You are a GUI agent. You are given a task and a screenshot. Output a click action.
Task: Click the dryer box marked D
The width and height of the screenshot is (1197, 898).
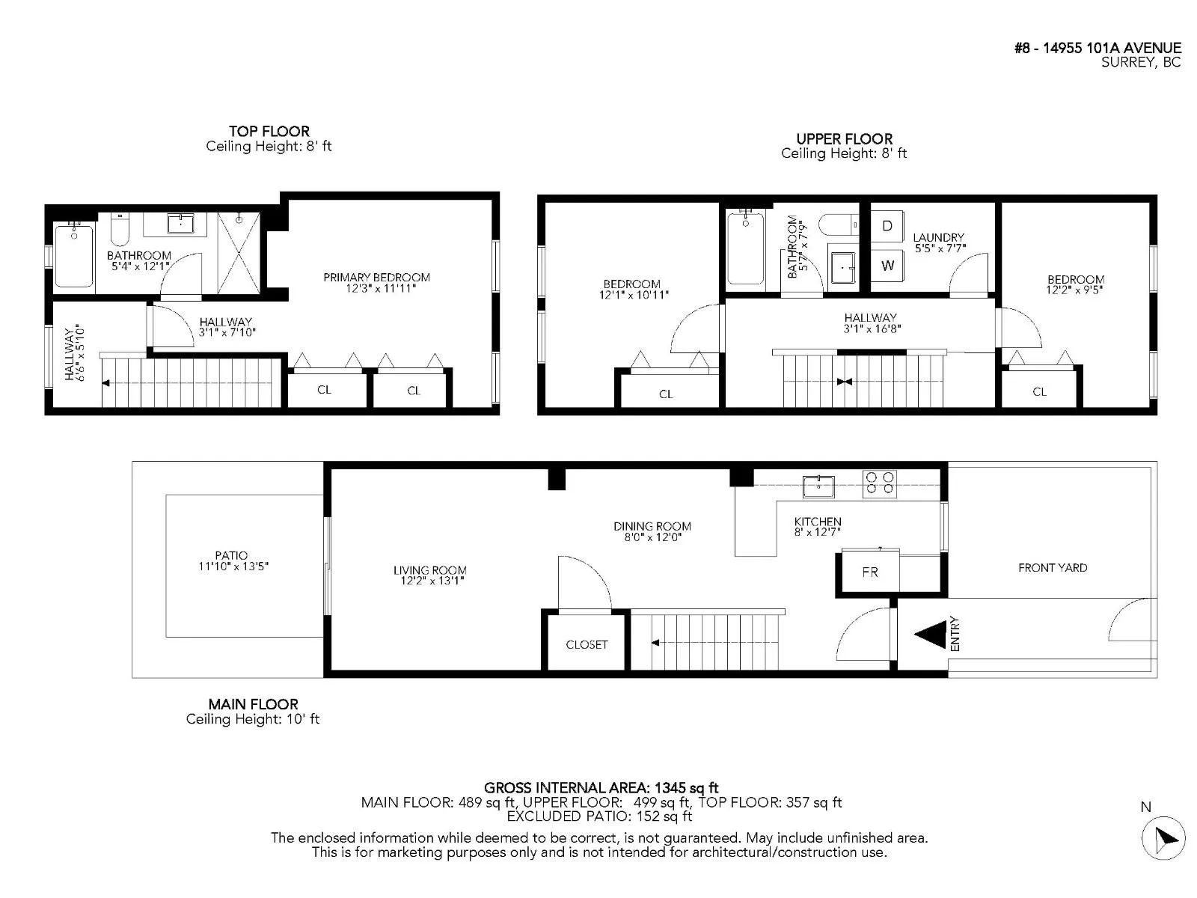click(x=887, y=226)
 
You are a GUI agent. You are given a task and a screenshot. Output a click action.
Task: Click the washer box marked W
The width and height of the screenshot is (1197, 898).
click(x=887, y=266)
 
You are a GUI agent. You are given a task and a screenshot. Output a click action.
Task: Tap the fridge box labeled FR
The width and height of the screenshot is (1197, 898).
click(x=870, y=572)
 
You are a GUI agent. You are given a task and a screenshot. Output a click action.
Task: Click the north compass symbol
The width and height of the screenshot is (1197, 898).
click(x=1163, y=838)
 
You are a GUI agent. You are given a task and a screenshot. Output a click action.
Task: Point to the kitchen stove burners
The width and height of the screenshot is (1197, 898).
click(x=879, y=483)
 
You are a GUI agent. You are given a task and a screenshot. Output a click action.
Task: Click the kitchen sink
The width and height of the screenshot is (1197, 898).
click(x=818, y=486)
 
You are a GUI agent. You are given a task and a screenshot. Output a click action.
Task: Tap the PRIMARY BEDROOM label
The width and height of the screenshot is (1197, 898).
click(x=376, y=278)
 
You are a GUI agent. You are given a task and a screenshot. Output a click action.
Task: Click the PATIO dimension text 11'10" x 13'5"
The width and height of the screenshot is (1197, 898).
click(x=233, y=566)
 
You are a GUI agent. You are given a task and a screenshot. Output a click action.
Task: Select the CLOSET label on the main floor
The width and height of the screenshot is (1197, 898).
click(x=587, y=644)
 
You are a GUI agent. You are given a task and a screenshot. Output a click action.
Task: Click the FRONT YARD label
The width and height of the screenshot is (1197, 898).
click(x=1053, y=567)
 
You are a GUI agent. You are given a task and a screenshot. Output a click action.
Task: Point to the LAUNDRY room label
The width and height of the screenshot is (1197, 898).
click(x=938, y=238)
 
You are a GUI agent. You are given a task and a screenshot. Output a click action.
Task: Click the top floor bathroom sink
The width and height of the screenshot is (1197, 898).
click(x=180, y=224)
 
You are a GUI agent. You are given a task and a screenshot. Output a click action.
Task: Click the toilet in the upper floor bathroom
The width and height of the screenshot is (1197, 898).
click(x=839, y=224)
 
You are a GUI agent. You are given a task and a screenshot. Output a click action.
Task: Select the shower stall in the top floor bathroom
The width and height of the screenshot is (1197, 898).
click(x=239, y=254)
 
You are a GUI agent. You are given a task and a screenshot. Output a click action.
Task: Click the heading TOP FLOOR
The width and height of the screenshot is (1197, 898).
click(x=269, y=132)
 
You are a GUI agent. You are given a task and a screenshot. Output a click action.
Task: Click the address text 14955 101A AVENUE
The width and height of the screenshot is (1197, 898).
click(x=1112, y=48)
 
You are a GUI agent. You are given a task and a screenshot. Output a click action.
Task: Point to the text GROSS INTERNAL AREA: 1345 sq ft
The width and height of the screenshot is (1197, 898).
click(x=601, y=788)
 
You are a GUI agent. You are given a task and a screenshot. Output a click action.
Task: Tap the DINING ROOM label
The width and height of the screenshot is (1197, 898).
click(x=652, y=527)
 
